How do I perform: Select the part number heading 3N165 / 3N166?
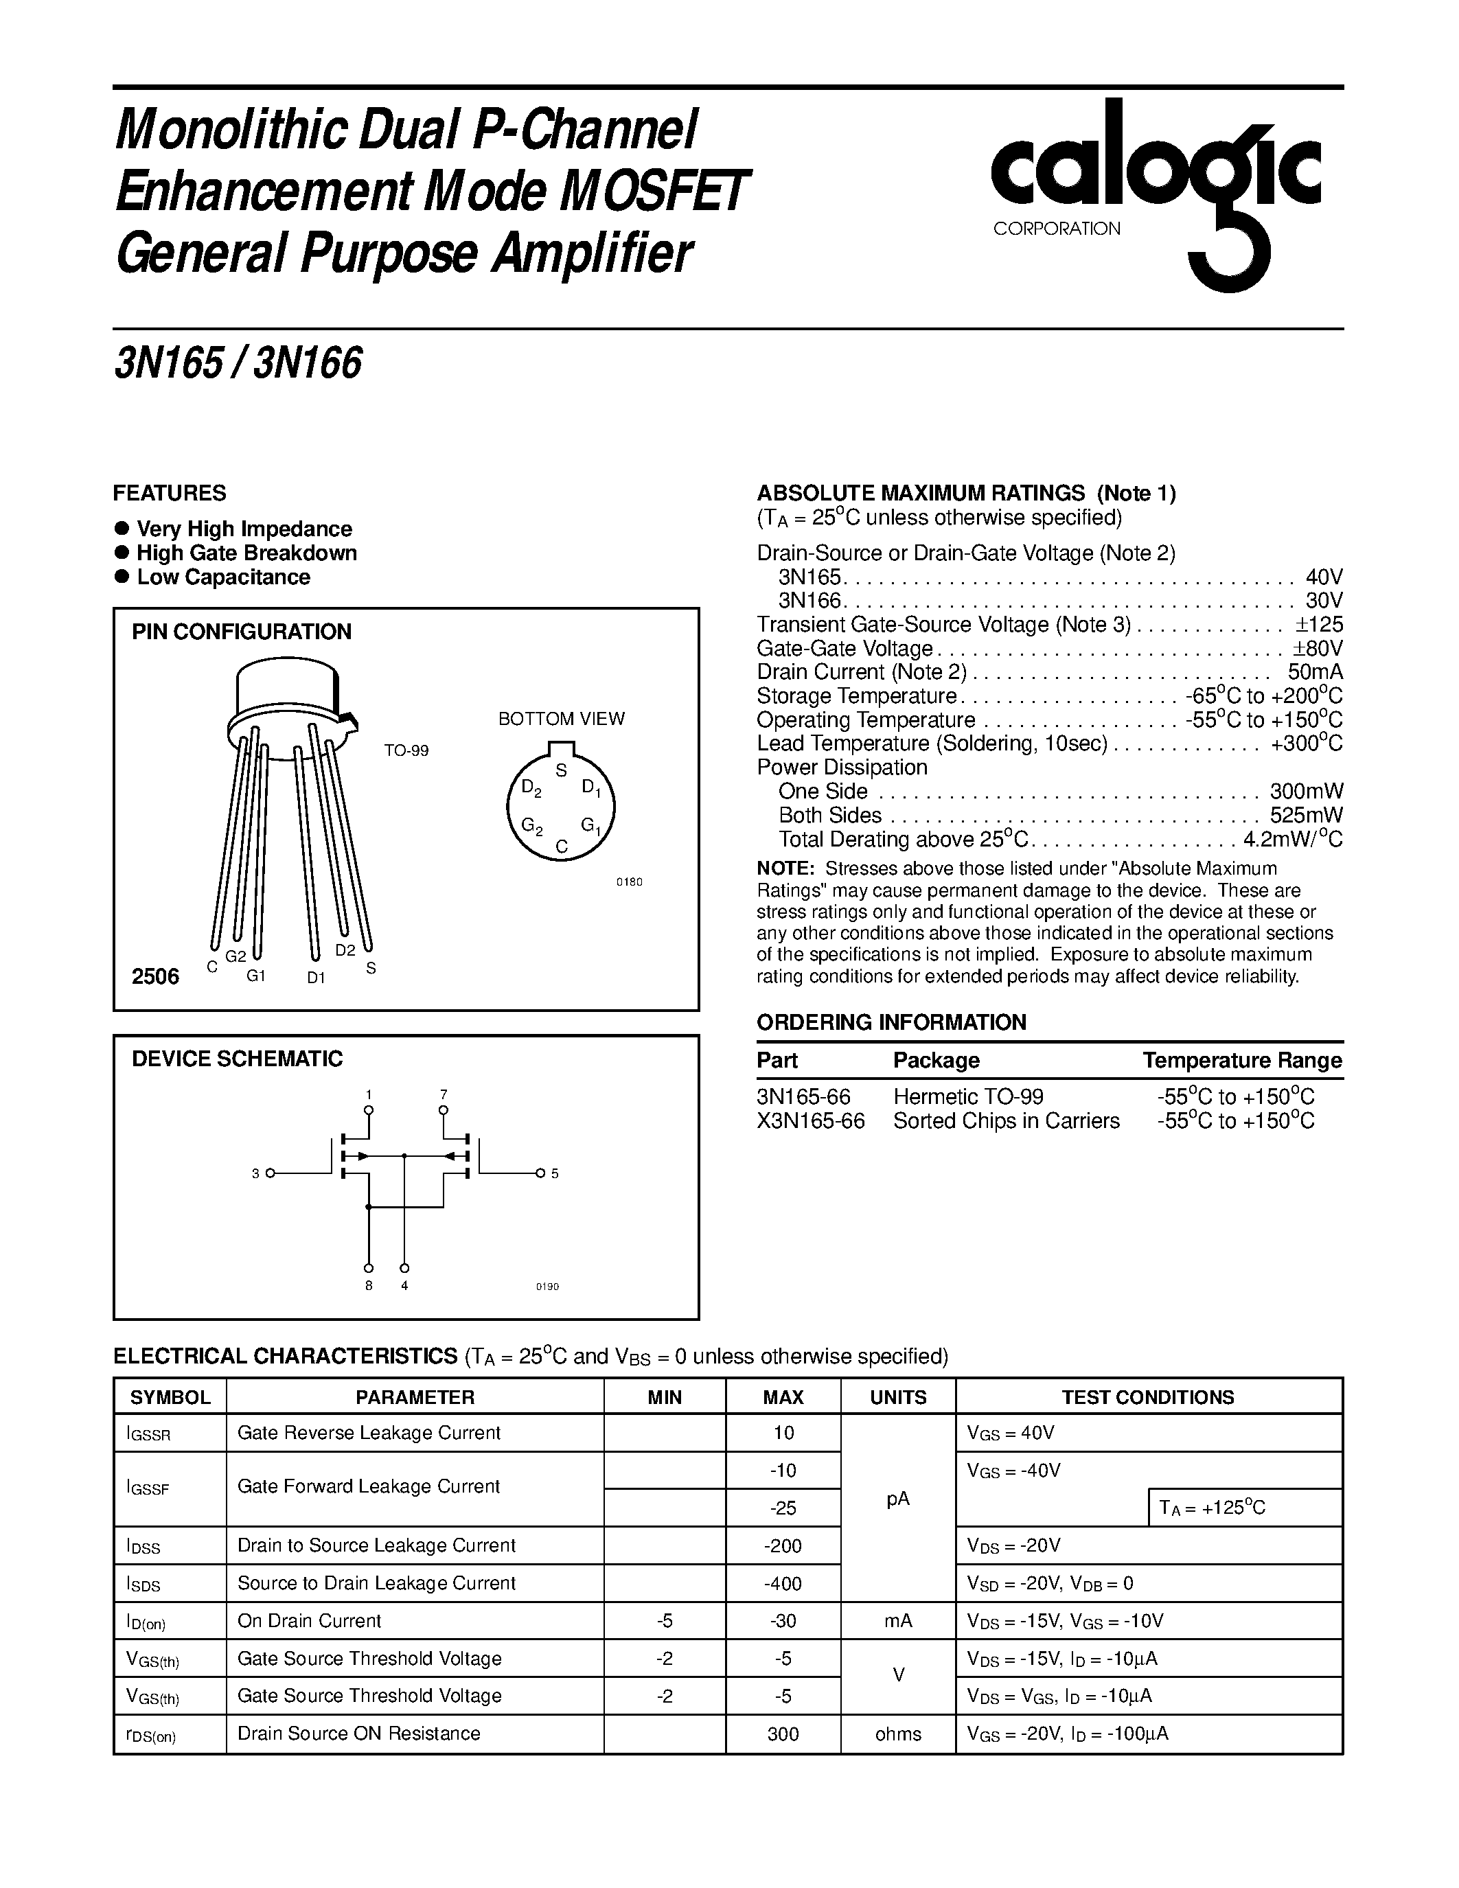tap(238, 363)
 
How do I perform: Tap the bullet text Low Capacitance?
tap(223, 577)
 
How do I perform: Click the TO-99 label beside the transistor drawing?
tap(406, 751)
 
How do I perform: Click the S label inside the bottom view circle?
tap(561, 770)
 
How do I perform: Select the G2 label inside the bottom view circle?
tap(531, 827)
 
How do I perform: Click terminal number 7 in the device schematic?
tap(444, 1094)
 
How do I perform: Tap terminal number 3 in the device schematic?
tap(256, 1173)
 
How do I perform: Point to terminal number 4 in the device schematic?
tap(404, 1285)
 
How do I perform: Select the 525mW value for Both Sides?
tap(1306, 815)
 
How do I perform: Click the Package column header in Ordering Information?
tap(936, 1061)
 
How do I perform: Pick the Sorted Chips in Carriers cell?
tap(1006, 1121)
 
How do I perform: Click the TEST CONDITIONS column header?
tap(1148, 1397)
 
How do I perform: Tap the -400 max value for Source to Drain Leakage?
tap(783, 1584)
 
